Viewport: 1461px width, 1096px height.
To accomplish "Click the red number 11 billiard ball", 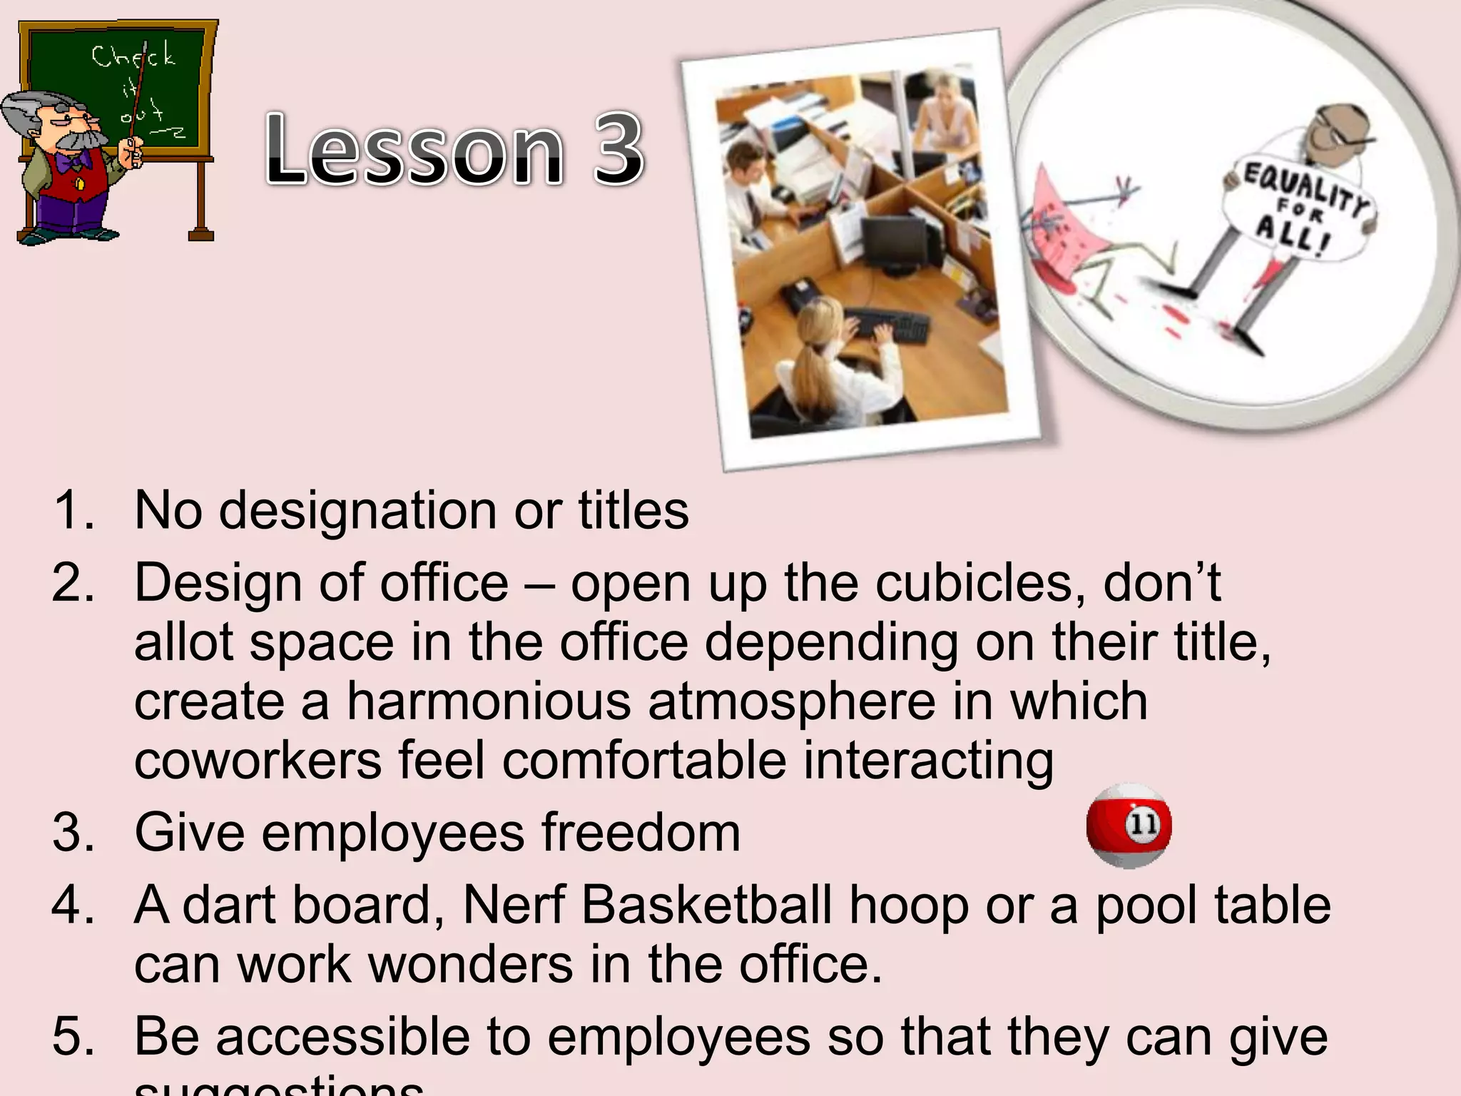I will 1129,826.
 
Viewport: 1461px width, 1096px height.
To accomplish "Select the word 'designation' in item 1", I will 357,511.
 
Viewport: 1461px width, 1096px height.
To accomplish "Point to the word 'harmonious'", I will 489,701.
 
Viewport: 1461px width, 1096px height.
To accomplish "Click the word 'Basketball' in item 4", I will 706,905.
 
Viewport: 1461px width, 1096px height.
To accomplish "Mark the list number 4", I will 72,905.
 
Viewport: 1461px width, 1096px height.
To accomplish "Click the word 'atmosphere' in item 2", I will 792,701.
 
